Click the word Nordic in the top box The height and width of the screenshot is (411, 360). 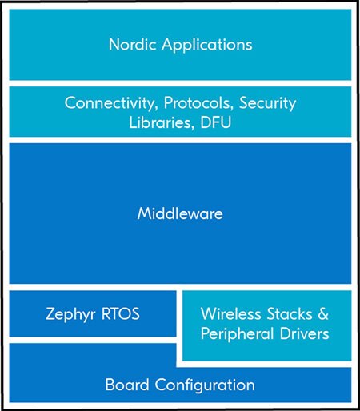point(132,44)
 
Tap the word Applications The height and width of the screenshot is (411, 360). point(207,45)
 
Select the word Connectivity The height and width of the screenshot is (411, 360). point(110,103)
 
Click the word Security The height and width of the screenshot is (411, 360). point(268,103)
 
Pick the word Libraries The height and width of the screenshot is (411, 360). point(160,122)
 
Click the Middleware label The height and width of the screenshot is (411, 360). point(180,213)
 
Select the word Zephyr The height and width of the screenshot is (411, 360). point(70,314)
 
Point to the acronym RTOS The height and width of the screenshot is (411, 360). point(121,313)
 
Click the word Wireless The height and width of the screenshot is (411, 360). point(231,313)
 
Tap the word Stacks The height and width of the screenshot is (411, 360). point(290,313)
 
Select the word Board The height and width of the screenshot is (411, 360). point(127,385)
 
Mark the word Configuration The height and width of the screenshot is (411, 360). point(205,385)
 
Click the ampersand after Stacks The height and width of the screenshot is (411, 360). point(323,313)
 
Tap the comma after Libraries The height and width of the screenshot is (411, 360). point(193,127)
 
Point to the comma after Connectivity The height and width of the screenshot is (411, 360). point(157,108)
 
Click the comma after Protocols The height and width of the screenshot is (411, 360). point(232,108)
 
